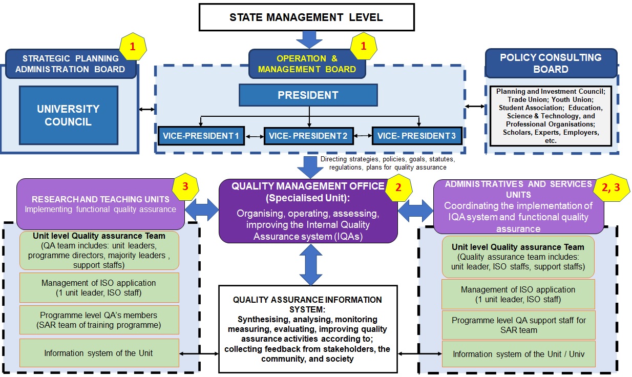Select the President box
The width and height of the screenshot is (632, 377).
pos(308,95)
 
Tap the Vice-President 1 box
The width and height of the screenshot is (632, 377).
pos(201,136)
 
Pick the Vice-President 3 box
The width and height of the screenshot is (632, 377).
pos(416,136)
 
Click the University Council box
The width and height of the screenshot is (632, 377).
pos(68,115)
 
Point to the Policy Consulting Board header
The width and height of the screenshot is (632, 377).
pos(551,64)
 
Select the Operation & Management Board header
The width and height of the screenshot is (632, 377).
pos(307,64)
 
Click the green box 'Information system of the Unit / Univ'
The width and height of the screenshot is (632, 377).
pos(518,353)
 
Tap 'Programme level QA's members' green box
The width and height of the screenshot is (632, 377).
pos(99,320)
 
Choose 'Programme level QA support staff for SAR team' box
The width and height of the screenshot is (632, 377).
pos(518,325)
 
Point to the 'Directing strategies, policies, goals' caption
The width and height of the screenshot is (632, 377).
pos(387,163)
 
